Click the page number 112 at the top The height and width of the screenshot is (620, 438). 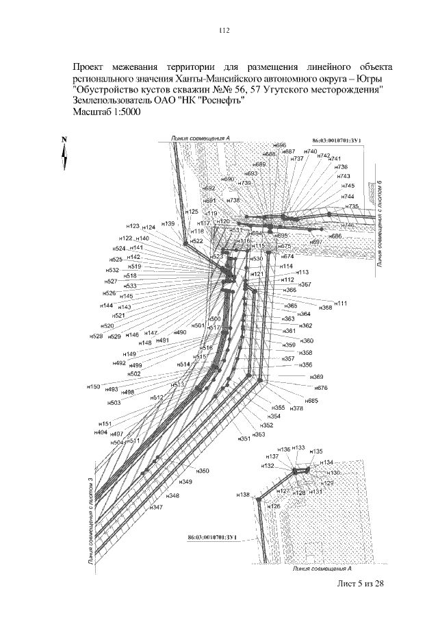[x=222, y=30]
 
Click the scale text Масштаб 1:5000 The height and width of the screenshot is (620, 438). [x=105, y=112]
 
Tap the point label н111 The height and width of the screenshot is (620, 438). [x=340, y=303]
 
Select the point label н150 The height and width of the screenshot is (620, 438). [x=92, y=387]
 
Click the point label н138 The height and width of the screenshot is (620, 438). [x=243, y=494]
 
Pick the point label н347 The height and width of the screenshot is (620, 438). [x=156, y=507]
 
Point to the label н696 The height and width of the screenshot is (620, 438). [x=279, y=145]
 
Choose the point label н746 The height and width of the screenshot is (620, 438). [x=349, y=225]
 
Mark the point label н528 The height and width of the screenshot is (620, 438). [x=96, y=336]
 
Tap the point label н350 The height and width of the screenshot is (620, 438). [x=203, y=471]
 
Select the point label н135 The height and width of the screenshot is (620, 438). [x=316, y=451]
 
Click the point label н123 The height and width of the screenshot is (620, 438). [x=133, y=225]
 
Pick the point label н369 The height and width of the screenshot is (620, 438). [x=316, y=377]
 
